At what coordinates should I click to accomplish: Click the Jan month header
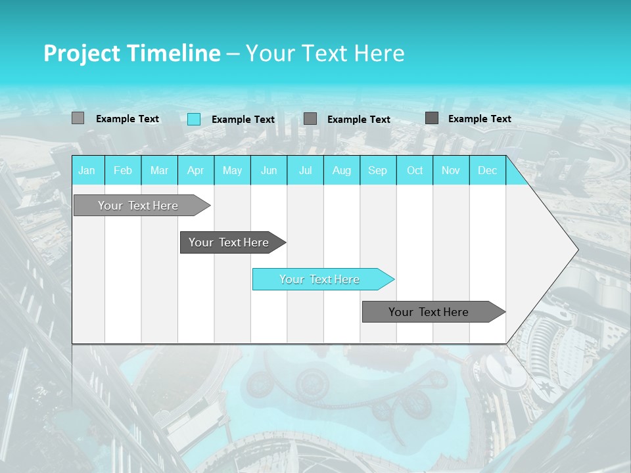pyautogui.click(x=87, y=170)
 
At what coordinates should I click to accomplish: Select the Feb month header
pyautogui.click(x=123, y=170)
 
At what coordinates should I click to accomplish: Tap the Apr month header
pyautogui.click(x=195, y=170)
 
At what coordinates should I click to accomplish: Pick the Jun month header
pyautogui.click(x=269, y=170)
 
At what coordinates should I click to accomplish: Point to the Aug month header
pyautogui.click(x=342, y=170)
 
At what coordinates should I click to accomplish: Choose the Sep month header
pyautogui.click(x=377, y=170)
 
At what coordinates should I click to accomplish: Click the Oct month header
pyautogui.click(x=415, y=170)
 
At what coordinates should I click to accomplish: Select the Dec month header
pyautogui.click(x=487, y=170)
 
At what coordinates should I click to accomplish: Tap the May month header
pyautogui.click(x=232, y=170)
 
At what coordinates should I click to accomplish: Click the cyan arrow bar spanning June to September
pyautogui.click(x=320, y=279)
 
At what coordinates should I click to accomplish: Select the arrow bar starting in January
pyautogui.click(x=139, y=206)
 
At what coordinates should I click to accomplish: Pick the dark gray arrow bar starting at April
pyautogui.click(x=229, y=242)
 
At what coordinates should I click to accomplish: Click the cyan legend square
pyautogui.click(x=194, y=119)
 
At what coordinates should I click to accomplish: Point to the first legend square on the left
pyautogui.click(x=78, y=118)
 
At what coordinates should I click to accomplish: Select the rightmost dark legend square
pyautogui.click(x=432, y=118)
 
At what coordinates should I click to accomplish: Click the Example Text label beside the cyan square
pyautogui.click(x=243, y=120)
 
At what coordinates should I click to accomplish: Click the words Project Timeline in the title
pyautogui.click(x=131, y=53)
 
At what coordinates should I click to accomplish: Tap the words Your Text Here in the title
pyautogui.click(x=325, y=53)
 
